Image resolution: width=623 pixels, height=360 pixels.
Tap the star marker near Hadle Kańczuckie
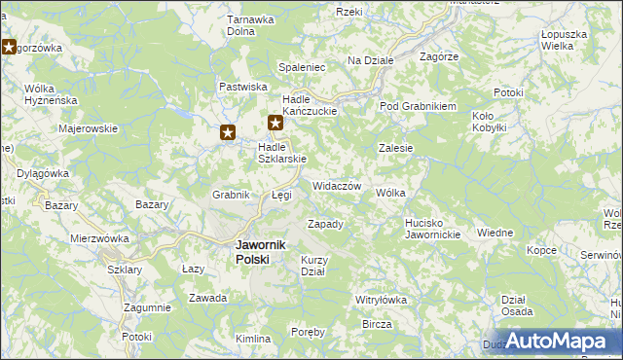[x=275, y=123]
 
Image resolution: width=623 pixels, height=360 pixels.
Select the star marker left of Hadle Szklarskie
[x=228, y=133]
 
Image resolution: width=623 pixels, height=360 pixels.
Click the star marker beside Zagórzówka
[x=11, y=47]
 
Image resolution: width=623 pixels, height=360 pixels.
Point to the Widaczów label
[x=337, y=186]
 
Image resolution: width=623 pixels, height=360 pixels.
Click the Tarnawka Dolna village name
[x=247, y=24]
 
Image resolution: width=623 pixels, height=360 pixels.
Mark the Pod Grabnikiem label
[x=418, y=106]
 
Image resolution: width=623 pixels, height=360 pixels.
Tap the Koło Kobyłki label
[x=489, y=122]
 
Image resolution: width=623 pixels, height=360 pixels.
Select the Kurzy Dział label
[x=315, y=266]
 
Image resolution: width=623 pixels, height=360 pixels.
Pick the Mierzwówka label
[x=99, y=237]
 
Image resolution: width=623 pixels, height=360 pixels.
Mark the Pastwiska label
[x=242, y=87]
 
